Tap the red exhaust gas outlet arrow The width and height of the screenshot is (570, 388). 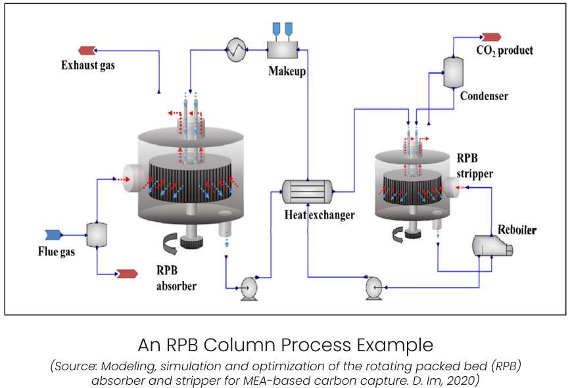86,50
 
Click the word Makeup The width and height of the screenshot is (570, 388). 287,70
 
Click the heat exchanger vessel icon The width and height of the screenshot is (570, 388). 306,192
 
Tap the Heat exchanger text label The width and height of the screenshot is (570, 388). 319,215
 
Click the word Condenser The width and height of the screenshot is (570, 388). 484,96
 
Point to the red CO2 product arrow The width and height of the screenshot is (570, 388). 490,37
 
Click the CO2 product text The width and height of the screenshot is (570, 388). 506,51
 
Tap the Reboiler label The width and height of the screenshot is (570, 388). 517,230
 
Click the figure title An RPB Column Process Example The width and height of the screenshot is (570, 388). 285,345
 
